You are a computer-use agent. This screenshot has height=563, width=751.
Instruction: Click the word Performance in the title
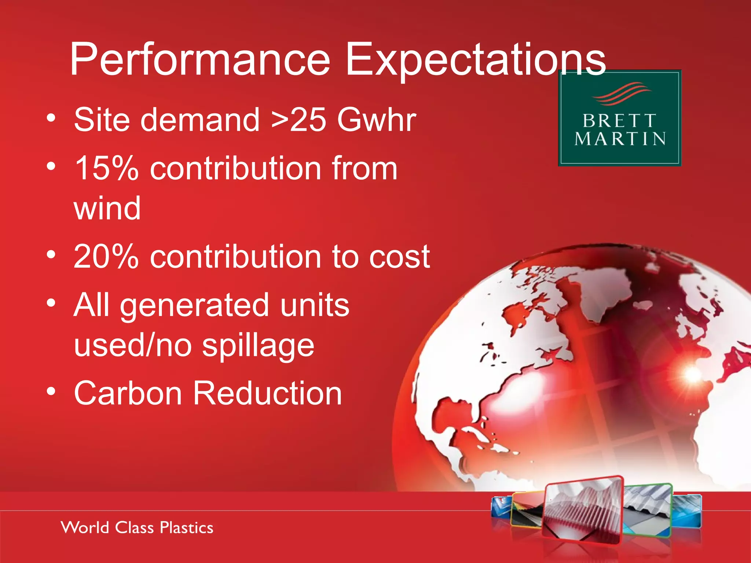200,60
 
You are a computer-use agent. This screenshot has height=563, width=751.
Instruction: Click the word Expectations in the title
475,60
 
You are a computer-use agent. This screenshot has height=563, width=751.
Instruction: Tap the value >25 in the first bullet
298,120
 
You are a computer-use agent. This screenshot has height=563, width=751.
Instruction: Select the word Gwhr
377,120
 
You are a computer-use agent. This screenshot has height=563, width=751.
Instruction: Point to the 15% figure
106,168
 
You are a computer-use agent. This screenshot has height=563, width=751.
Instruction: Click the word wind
107,208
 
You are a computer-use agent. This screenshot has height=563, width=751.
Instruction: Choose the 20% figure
106,257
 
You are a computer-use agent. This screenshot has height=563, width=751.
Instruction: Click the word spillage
258,346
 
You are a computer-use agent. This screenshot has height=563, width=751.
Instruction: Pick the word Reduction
267,393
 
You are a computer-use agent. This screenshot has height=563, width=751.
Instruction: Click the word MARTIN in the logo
620,139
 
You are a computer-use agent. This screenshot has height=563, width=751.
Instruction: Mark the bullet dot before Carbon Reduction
51,391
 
